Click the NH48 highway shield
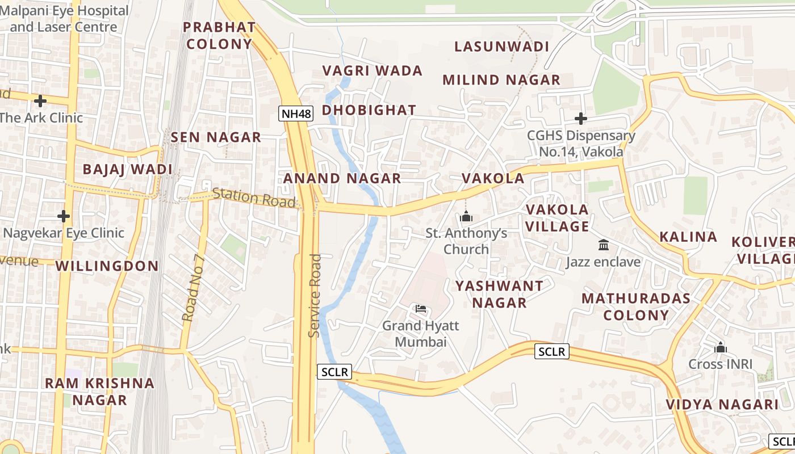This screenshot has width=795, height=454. [x=296, y=113]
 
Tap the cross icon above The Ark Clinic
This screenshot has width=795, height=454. [x=40, y=102]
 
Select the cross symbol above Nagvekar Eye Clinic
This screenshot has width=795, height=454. [x=64, y=216]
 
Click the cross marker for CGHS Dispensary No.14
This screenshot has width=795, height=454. [x=580, y=119]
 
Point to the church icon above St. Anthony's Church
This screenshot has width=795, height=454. [x=466, y=216]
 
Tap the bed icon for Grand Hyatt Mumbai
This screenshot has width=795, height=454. [x=421, y=309]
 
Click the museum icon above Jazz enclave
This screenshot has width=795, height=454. [x=604, y=245]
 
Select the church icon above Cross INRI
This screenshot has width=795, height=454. [x=721, y=347]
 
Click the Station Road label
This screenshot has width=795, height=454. [x=254, y=198]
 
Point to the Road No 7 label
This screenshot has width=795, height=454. [x=193, y=288]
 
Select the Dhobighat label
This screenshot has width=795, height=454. [x=369, y=110]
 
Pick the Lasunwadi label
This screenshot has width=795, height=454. [x=502, y=47]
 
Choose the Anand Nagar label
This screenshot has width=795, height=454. [x=342, y=178]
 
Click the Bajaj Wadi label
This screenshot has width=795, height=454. [x=127, y=169]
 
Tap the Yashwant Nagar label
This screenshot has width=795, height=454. [x=499, y=294]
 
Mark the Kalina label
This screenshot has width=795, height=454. [x=688, y=237]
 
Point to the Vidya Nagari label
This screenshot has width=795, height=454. [x=722, y=405]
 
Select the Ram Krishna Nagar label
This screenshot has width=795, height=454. [x=100, y=391]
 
